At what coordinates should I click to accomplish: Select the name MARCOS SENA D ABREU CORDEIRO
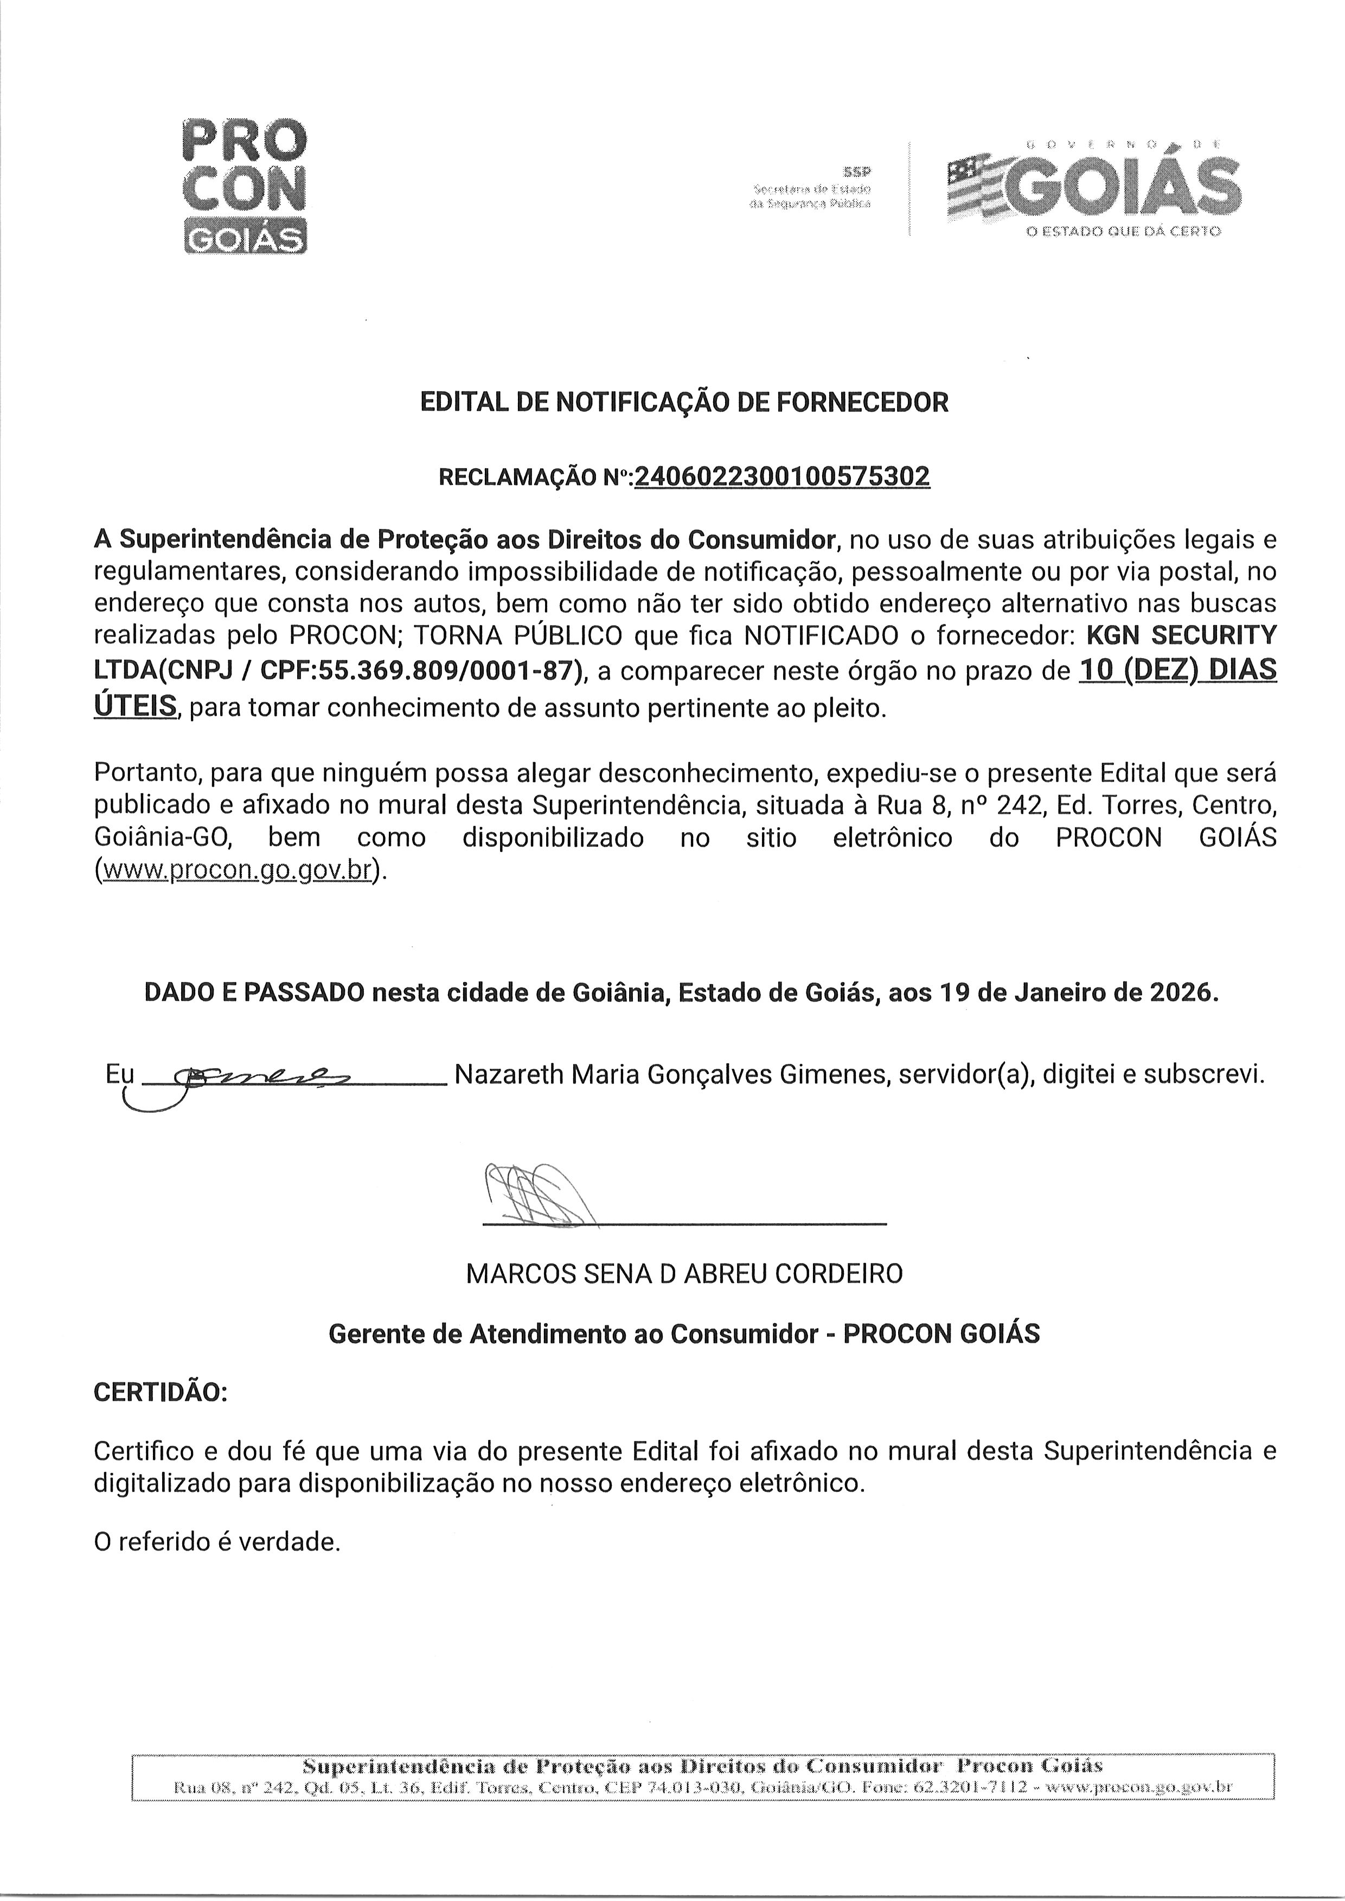[x=684, y=1274]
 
